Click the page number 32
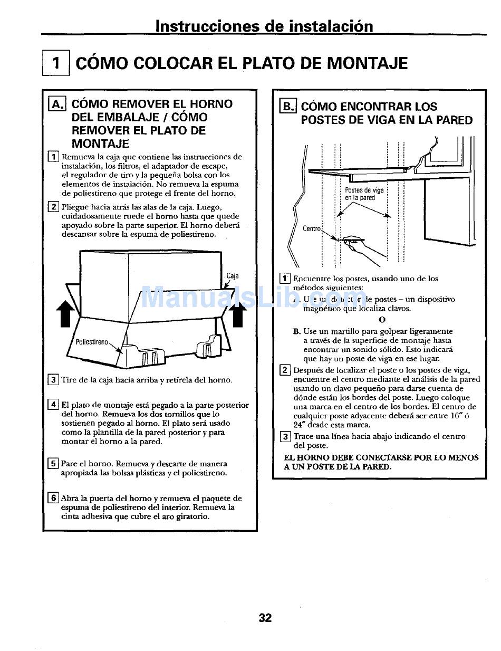pos(265,618)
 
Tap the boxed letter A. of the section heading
pos(56,104)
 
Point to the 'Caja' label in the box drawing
pos(232,276)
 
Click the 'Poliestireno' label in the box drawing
pos(92,342)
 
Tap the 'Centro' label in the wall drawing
pos(312,229)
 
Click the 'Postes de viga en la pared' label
pos(364,194)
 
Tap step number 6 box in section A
pos(53,498)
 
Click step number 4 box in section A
pos(53,405)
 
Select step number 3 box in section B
pos(285,436)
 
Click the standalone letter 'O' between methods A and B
pos(382,320)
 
